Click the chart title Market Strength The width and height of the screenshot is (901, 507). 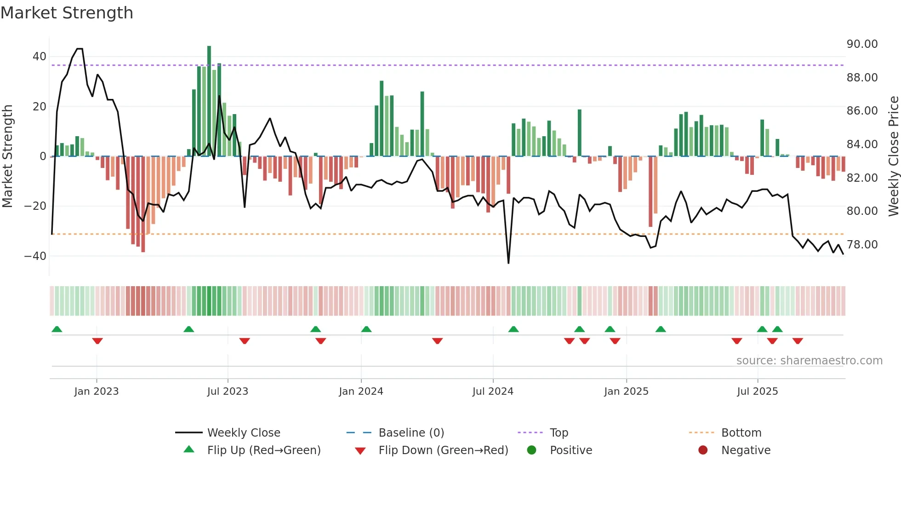[x=67, y=13]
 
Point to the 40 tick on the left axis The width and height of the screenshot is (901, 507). [x=40, y=57]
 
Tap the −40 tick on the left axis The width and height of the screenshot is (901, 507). [x=36, y=256]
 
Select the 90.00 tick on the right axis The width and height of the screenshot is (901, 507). [x=862, y=44]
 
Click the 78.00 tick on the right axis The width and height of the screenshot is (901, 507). [x=862, y=245]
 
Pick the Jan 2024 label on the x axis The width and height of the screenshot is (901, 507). [x=361, y=392]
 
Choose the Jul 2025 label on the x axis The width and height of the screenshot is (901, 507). [x=757, y=392]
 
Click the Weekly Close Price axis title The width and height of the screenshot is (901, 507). [x=893, y=156]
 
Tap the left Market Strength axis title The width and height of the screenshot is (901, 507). [x=8, y=156]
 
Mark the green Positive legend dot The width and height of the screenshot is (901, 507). [x=532, y=450]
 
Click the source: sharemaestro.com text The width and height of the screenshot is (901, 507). [x=809, y=361]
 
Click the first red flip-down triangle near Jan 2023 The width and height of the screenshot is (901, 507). [x=97, y=341]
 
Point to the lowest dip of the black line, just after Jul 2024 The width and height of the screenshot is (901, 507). [x=508, y=263]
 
